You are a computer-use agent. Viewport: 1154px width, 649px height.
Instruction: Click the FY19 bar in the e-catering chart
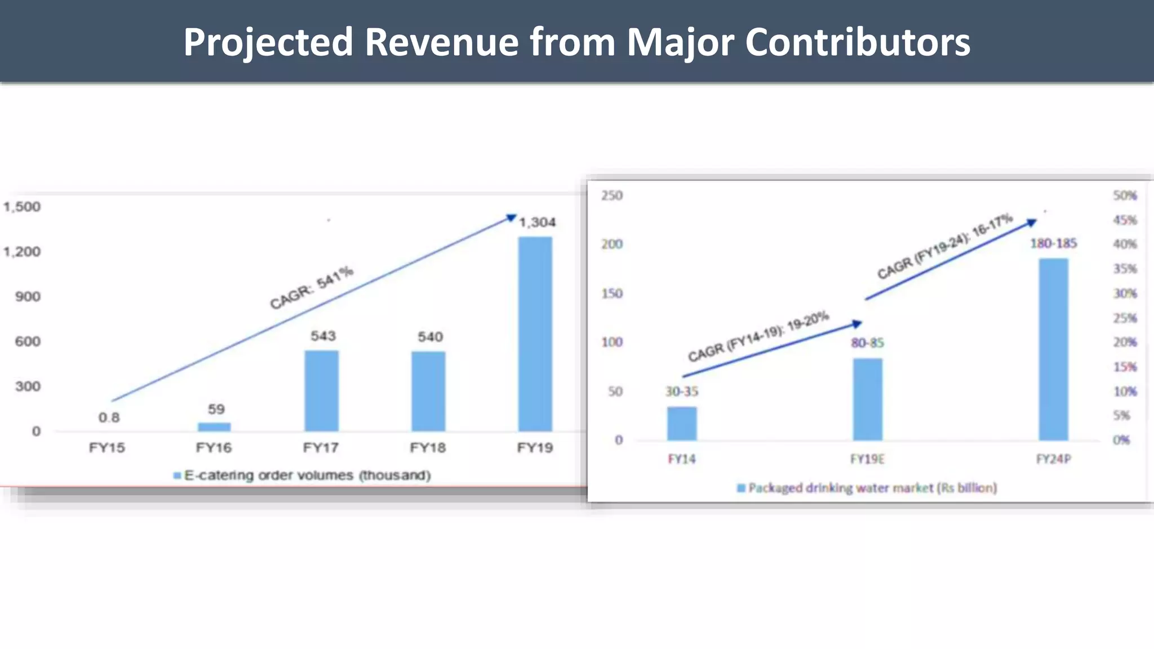(x=535, y=334)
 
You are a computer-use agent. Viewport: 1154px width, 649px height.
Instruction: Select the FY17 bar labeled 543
(x=321, y=390)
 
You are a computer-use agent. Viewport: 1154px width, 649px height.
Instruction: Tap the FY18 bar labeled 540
(x=428, y=391)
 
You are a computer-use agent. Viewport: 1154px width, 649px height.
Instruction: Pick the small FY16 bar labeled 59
(x=214, y=426)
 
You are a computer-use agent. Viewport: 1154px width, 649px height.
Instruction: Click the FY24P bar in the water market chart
(x=1053, y=349)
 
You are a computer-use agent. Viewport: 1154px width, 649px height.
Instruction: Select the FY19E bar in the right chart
(x=867, y=399)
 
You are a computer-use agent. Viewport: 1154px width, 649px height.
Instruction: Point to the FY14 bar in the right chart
(x=682, y=423)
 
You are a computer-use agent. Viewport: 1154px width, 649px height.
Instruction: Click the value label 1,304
(x=537, y=223)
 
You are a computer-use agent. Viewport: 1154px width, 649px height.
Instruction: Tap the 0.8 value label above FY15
(x=109, y=417)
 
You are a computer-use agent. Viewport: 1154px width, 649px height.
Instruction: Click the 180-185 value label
(x=1053, y=243)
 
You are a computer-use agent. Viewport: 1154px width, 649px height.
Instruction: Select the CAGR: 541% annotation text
(x=312, y=287)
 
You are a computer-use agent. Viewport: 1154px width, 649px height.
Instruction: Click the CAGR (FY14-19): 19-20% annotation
(x=758, y=336)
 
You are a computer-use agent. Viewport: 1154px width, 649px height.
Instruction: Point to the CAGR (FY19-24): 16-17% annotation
(x=945, y=246)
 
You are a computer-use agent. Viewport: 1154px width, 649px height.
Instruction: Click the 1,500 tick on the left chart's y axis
(x=22, y=207)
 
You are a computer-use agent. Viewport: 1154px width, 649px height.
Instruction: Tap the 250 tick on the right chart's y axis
(x=611, y=195)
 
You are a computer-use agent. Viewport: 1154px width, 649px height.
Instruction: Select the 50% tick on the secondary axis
(x=1125, y=195)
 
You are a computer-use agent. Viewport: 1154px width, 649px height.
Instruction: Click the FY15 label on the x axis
(x=107, y=448)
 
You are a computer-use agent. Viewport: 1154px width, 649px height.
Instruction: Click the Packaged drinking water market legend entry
(x=868, y=488)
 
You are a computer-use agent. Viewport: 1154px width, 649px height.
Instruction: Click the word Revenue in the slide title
(x=441, y=42)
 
